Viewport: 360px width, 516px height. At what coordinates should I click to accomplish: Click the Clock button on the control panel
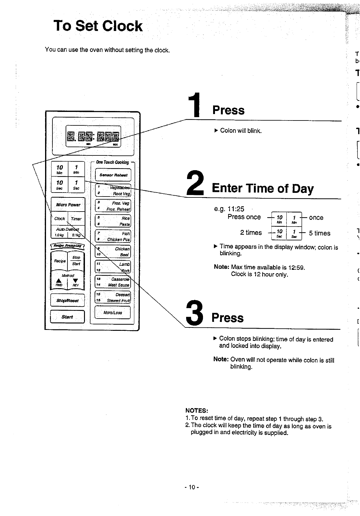pyautogui.click(x=59, y=219)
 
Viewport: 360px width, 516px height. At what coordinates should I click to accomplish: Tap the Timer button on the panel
pyautogui.click(x=76, y=219)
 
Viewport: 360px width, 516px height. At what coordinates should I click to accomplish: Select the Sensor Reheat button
pyautogui.click(x=113, y=175)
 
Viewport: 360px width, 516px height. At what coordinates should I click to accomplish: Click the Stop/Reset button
pyautogui.click(x=67, y=300)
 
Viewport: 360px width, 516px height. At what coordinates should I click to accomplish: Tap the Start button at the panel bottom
pyautogui.click(x=67, y=317)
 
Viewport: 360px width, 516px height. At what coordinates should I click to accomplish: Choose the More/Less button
pyautogui.click(x=113, y=312)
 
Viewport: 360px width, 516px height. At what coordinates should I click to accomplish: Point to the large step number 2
pyautogui.click(x=195, y=183)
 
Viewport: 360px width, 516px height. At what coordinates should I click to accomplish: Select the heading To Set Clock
pyautogui.click(x=98, y=26)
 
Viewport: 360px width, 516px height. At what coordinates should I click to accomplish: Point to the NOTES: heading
pyautogui.click(x=197, y=411)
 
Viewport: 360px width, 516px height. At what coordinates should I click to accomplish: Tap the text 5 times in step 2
pyautogui.click(x=320, y=233)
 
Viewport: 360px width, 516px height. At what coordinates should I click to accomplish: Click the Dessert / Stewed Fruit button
pyautogui.click(x=113, y=297)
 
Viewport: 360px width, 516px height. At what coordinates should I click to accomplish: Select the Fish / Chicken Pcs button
pyautogui.click(x=113, y=236)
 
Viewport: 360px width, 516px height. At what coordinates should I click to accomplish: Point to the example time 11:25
pyautogui.click(x=236, y=209)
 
